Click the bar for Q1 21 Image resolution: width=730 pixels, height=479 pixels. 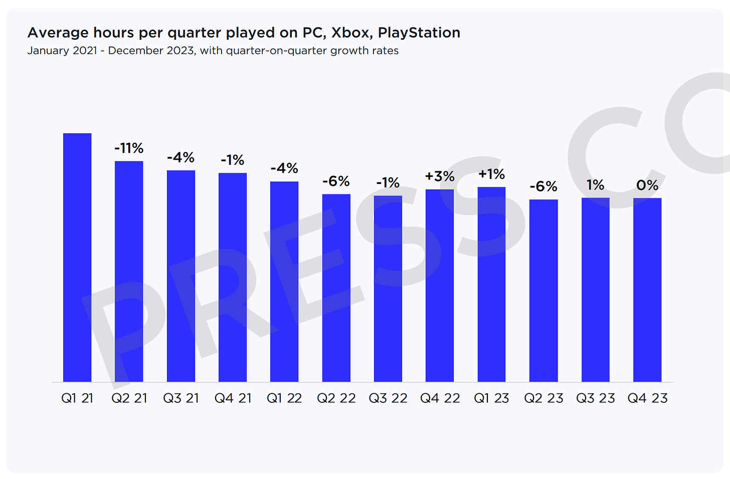(77, 258)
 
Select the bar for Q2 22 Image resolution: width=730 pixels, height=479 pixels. (336, 288)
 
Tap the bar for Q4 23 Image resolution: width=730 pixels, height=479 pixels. (647, 290)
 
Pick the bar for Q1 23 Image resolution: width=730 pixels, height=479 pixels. (491, 285)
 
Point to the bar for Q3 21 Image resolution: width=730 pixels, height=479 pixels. (181, 276)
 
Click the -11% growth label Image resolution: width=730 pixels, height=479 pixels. (129, 148)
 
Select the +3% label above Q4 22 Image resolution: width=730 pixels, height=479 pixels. (440, 176)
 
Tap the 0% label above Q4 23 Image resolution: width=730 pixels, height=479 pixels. (647, 185)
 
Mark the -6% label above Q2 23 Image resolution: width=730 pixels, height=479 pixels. (543, 187)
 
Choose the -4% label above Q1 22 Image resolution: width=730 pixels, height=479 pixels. (284, 168)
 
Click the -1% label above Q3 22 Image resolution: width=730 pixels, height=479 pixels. (388, 183)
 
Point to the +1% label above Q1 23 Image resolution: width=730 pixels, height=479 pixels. (491, 174)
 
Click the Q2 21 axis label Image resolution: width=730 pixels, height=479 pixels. (129, 398)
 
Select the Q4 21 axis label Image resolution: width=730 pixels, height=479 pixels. (233, 398)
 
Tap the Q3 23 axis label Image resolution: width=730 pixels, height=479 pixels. (596, 398)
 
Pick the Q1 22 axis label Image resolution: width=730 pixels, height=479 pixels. (284, 398)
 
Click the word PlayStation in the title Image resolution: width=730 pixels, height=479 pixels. (419, 33)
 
